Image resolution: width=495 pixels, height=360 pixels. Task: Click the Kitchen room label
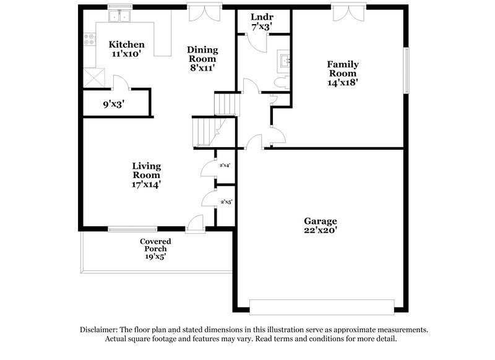click(127, 45)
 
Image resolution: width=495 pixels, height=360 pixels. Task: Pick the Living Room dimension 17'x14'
click(147, 184)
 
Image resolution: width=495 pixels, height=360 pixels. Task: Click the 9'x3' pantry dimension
click(114, 105)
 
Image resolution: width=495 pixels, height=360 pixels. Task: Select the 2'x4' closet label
click(225, 165)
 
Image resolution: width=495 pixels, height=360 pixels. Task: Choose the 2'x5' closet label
click(226, 201)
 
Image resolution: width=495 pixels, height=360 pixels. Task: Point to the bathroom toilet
click(279, 82)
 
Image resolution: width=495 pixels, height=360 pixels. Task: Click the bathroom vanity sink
click(285, 61)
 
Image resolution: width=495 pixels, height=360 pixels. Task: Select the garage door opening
click(322, 307)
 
